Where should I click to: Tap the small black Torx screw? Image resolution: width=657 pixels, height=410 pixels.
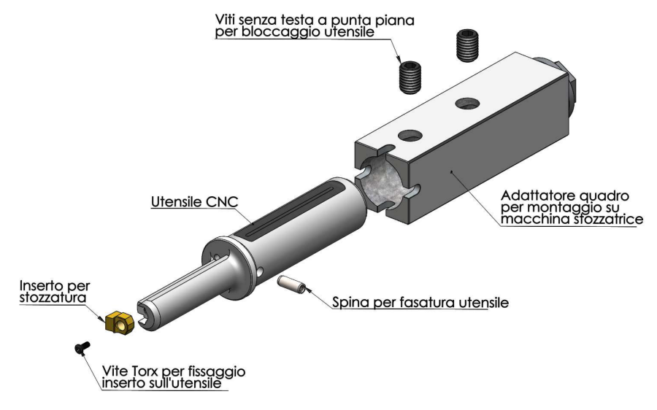(x=82, y=347)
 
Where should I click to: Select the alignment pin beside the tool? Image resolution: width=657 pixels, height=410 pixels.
(x=291, y=285)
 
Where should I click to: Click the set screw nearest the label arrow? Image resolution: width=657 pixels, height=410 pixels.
(x=410, y=77)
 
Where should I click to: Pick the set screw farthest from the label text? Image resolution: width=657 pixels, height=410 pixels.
(x=467, y=46)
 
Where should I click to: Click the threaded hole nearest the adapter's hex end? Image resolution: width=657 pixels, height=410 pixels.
(x=467, y=104)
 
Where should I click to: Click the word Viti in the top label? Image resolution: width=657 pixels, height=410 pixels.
(x=225, y=20)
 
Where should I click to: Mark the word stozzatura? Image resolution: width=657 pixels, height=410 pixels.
(x=53, y=298)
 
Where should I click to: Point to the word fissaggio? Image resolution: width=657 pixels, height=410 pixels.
(x=217, y=372)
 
